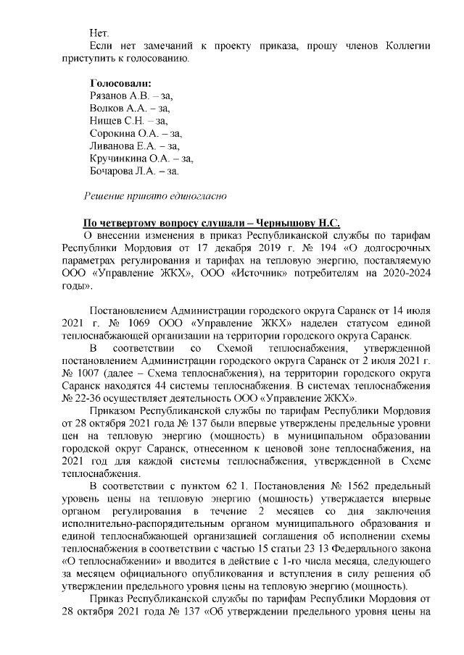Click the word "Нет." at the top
pyautogui.click(x=99, y=33)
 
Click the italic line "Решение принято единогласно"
pyautogui.click(x=157, y=196)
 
